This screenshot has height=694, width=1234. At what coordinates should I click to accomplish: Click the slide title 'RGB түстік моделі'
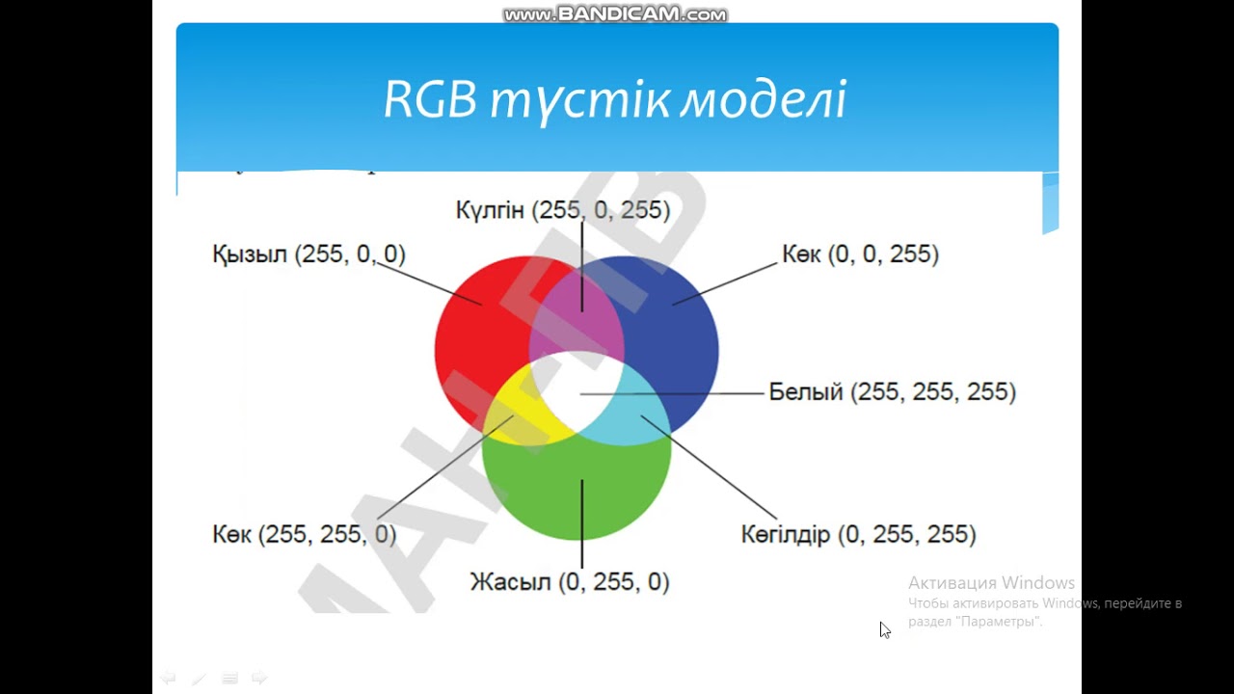(615, 99)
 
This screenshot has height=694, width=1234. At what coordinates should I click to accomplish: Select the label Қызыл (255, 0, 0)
(308, 254)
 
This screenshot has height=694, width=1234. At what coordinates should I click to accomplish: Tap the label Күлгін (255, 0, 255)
(563, 210)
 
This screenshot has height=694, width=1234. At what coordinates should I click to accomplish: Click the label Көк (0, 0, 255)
(860, 254)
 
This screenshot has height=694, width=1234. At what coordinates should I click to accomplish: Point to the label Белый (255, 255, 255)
(892, 392)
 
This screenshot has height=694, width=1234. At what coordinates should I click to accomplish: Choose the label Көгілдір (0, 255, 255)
(858, 534)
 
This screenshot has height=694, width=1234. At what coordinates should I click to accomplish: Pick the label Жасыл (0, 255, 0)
(569, 582)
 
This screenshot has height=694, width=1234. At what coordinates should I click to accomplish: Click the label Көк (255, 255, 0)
(304, 534)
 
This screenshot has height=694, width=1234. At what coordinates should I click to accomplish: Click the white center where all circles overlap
(578, 390)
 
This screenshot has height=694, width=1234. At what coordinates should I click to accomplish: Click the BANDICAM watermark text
(615, 14)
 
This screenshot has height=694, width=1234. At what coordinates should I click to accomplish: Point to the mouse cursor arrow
(884, 629)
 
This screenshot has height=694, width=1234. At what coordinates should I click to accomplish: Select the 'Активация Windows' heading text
(991, 583)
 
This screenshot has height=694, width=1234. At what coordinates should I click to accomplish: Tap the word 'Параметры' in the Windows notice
(999, 622)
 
